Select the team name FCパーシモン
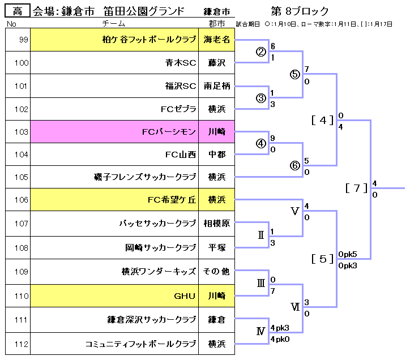coord(169,132)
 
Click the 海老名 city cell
coord(217,40)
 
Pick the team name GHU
coord(185,295)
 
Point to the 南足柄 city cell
coord(217,87)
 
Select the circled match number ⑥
coord(294,166)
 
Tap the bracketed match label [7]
coord(357,188)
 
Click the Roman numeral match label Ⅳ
coord(260,332)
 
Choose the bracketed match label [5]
coord(323,259)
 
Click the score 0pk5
coord(347,254)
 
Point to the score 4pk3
coord(280,328)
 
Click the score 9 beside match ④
coord(273,138)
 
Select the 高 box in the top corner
coord(18,11)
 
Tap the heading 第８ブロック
coord(300,11)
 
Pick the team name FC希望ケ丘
coord(172,199)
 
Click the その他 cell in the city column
coord(217,271)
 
